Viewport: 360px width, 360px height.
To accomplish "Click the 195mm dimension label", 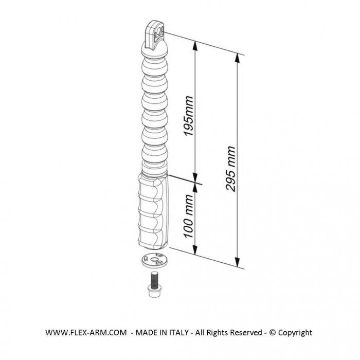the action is coord(189,116).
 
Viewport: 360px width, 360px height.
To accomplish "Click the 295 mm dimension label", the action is coord(230,169).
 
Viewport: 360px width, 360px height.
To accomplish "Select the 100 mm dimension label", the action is coord(189,216).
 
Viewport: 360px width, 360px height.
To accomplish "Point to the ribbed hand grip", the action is coord(153,211).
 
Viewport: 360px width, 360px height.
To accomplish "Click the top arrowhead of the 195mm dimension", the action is coord(195,46).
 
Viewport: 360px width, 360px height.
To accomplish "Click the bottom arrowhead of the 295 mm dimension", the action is coord(238,262).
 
